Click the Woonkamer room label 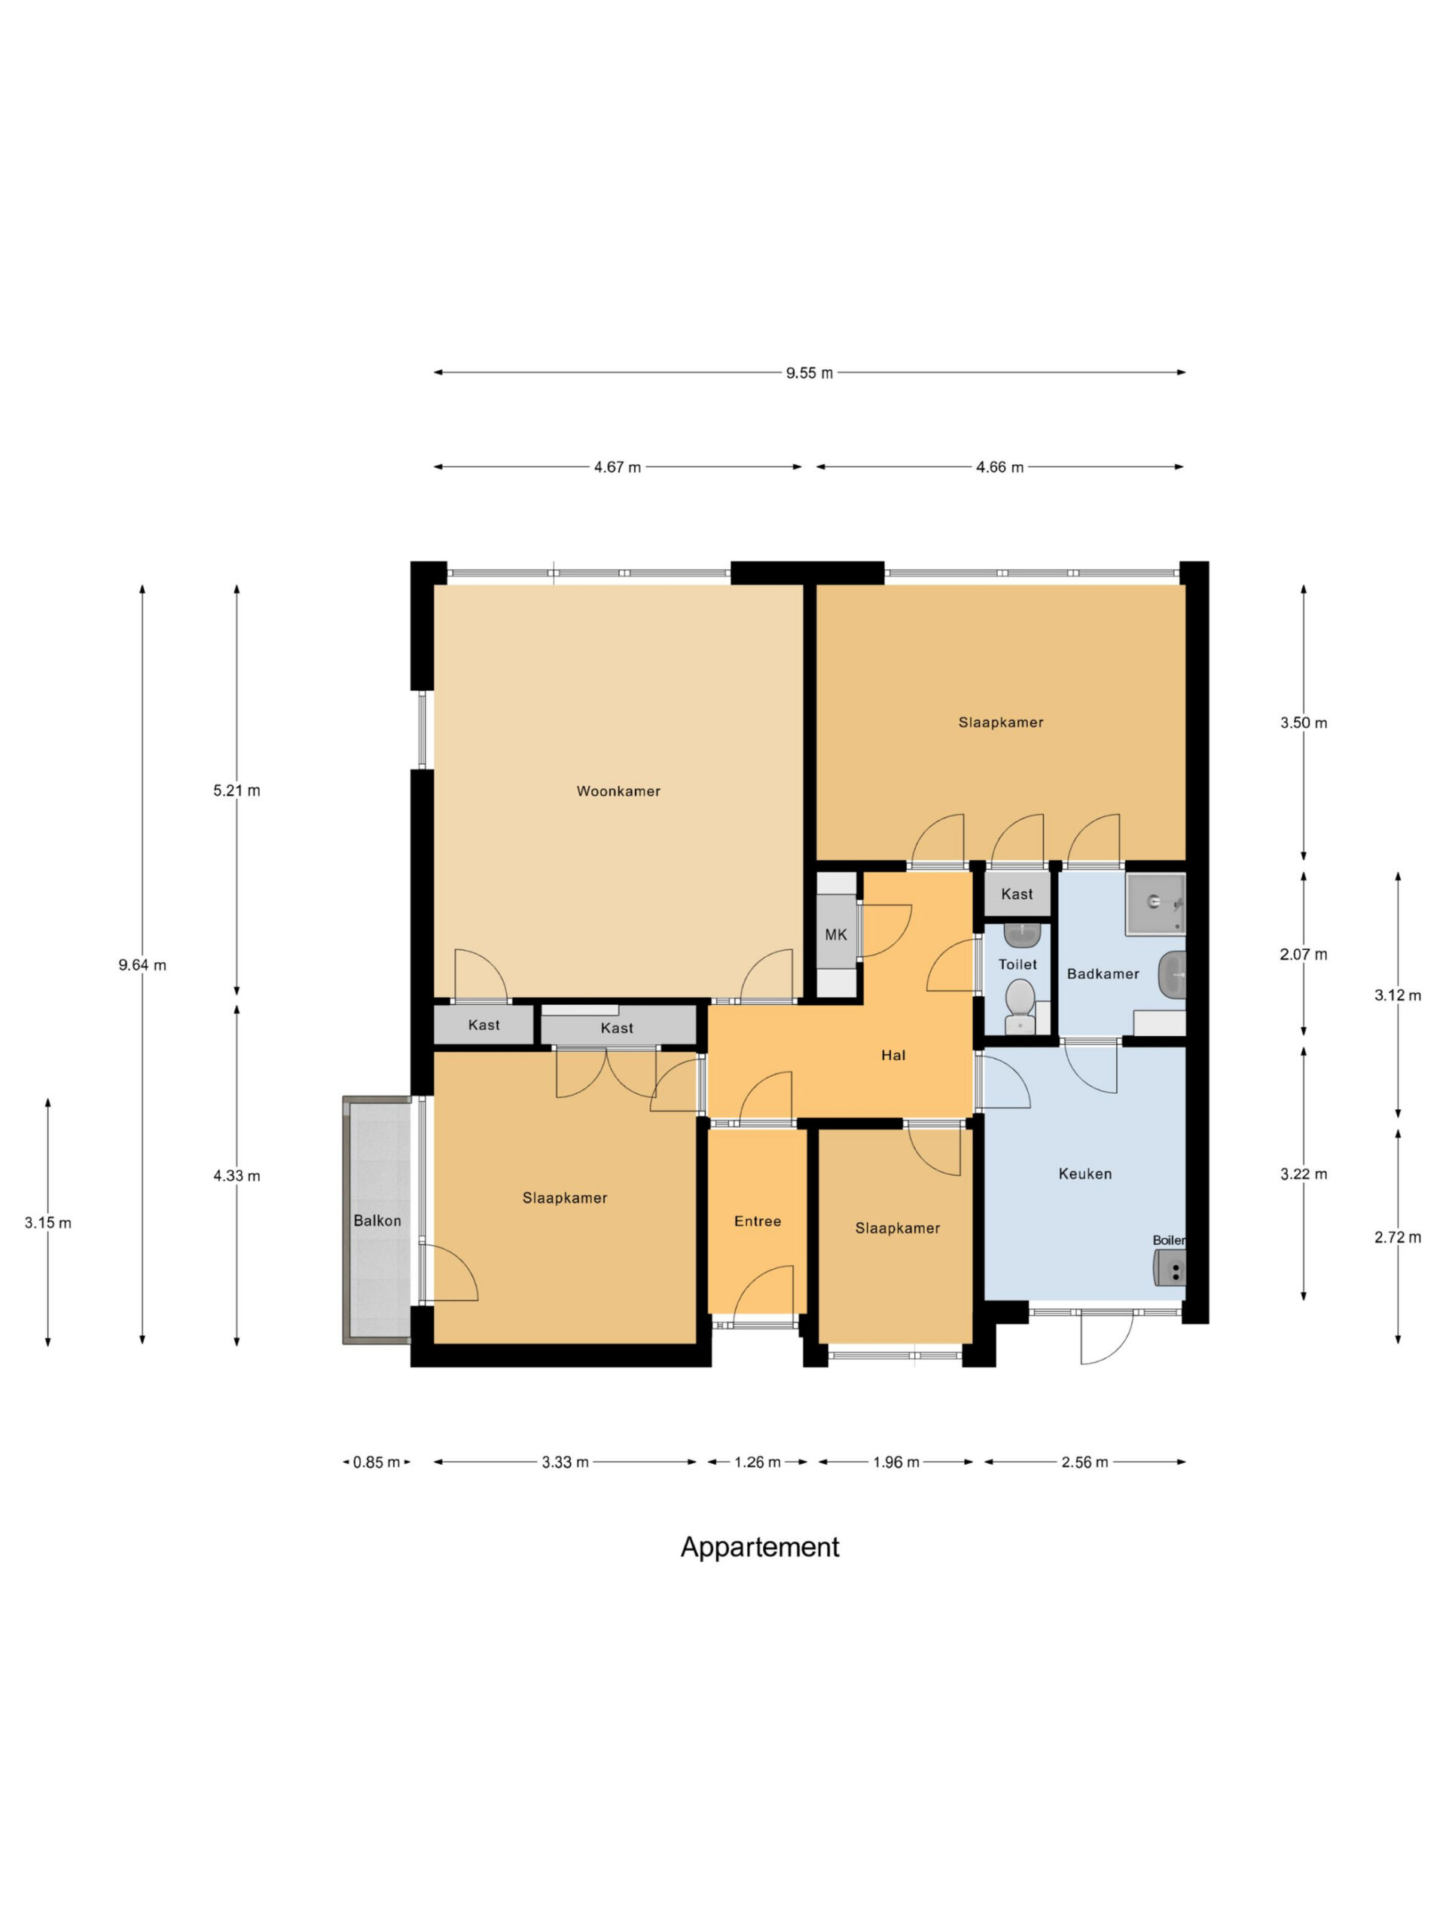pos(618,791)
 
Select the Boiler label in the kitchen pos(1168,1240)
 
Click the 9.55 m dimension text pos(809,373)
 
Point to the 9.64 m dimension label pos(142,964)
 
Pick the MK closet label pos(836,935)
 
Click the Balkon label pos(377,1221)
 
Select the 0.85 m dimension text pos(377,1463)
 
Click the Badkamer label pos(1103,974)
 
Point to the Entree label pos(758,1221)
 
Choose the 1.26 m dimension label pos(758,1463)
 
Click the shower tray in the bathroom pos(1155,903)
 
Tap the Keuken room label pos(1085,1174)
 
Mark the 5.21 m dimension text pos(237,791)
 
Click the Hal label pos(893,1055)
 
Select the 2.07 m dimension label pos(1304,954)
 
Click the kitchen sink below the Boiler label pos(1170,1267)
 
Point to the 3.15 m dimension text pos(48,1223)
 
